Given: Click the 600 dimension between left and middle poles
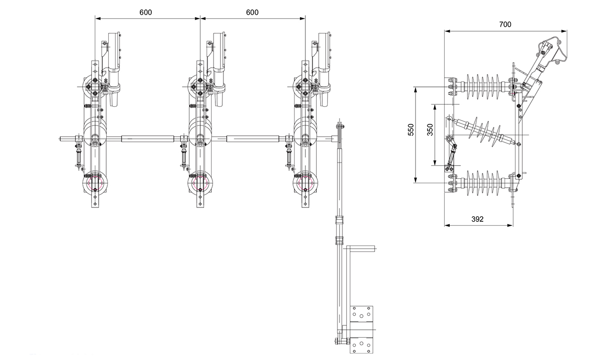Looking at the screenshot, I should point(145,12).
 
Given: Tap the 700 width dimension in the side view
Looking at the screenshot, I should point(505,24).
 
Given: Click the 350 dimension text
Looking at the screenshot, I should point(430,130).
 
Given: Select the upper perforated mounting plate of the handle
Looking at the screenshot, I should point(362,315).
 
